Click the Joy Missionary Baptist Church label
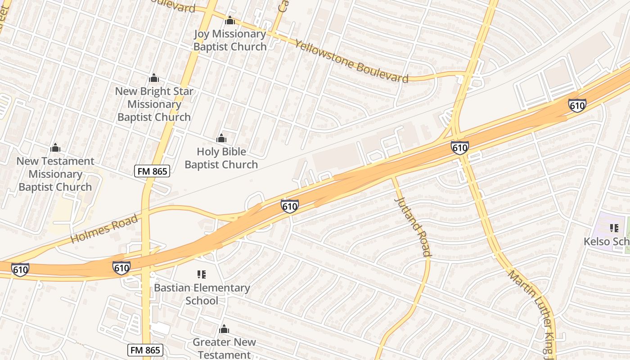tap(230, 40)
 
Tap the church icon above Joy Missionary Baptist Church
tap(230, 20)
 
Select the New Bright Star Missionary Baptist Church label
tap(154, 104)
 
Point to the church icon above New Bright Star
tap(154, 78)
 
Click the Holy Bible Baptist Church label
tap(221, 158)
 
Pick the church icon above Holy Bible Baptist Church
tap(221, 138)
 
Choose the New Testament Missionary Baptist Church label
tap(55, 174)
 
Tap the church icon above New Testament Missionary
tap(55, 148)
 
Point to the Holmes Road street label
tap(104, 229)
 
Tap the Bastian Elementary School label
tap(202, 294)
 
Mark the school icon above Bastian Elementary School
tap(201, 274)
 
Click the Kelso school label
tap(606, 242)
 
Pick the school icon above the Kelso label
tap(614, 228)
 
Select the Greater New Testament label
tap(224, 348)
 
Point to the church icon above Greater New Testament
tap(224, 329)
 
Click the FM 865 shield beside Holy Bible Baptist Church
tap(152, 171)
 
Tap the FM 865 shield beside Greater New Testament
tap(145, 350)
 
